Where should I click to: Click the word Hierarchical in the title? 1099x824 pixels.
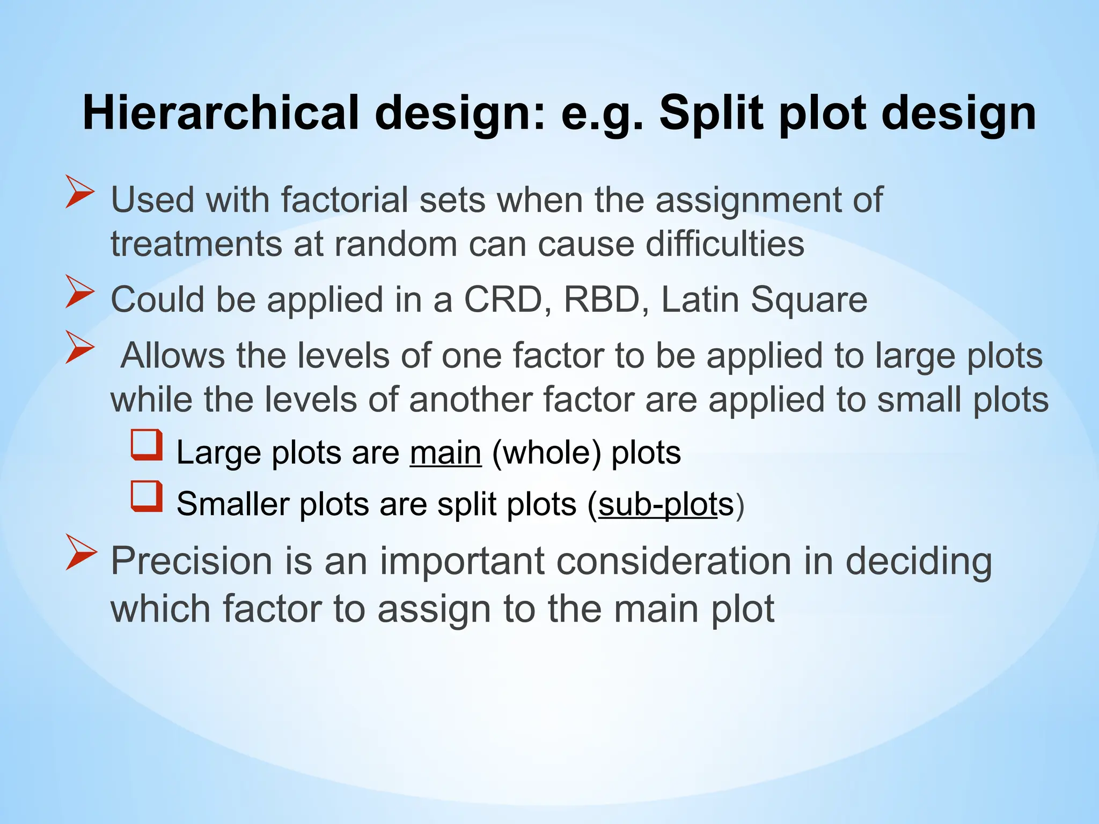(221, 113)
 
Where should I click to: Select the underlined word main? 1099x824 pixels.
(445, 453)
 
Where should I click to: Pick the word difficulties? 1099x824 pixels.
(724, 244)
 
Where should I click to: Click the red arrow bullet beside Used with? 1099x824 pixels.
(80, 192)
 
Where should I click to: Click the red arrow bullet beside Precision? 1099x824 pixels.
(81, 552)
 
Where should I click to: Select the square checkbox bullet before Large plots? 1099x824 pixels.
(146, 445)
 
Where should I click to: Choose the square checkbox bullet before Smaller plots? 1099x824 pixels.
(146, 496)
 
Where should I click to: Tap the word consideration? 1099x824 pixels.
(673, 561)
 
